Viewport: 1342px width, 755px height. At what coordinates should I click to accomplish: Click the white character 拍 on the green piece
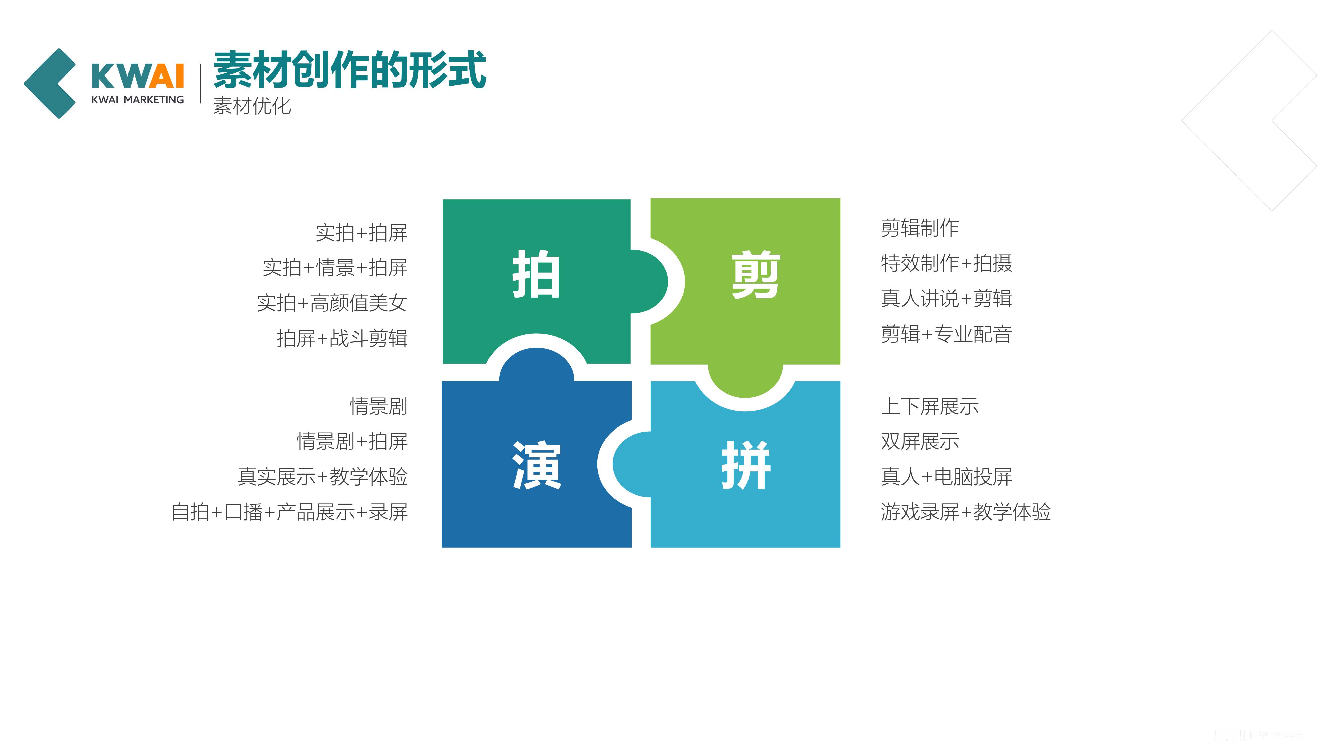536,274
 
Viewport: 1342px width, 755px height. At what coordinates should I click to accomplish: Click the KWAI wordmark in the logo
138,76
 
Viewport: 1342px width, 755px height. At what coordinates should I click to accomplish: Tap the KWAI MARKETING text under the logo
138,100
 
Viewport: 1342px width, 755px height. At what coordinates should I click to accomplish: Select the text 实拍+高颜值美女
332,303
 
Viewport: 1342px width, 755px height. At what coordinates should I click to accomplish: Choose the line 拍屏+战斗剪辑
342,338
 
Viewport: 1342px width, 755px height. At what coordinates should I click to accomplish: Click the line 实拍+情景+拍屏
335,268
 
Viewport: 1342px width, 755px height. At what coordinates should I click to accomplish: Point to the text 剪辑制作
920,228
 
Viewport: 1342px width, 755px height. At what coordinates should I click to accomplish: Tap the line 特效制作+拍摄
946,263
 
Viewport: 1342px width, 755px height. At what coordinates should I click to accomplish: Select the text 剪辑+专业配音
946,334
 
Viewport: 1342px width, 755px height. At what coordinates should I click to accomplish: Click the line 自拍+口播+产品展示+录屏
290,512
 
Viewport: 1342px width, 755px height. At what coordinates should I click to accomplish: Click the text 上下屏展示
930,406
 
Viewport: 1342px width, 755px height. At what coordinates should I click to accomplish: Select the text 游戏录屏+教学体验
966,512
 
